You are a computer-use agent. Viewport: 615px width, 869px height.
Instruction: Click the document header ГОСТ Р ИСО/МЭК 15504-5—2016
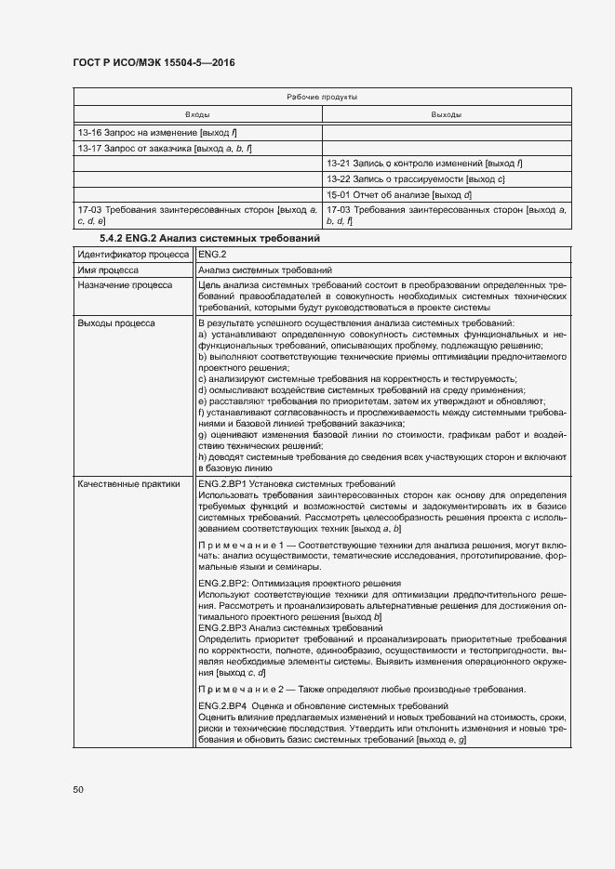[x=154, y=62]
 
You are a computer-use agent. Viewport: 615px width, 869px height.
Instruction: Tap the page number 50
[x=79, y=789]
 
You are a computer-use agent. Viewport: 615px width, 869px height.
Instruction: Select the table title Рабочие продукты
[x=322, y=97]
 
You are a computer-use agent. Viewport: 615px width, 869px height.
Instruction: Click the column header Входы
[x=197, y=114]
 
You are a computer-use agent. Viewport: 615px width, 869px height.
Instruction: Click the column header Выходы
[x=446, y=114]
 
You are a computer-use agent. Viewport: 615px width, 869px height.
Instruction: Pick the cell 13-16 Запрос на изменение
[x=151, y=132]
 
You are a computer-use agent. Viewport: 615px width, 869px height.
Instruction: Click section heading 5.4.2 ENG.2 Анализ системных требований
[x=209, y=238]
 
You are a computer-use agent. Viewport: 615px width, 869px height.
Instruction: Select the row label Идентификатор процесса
[x=133, y=254]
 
